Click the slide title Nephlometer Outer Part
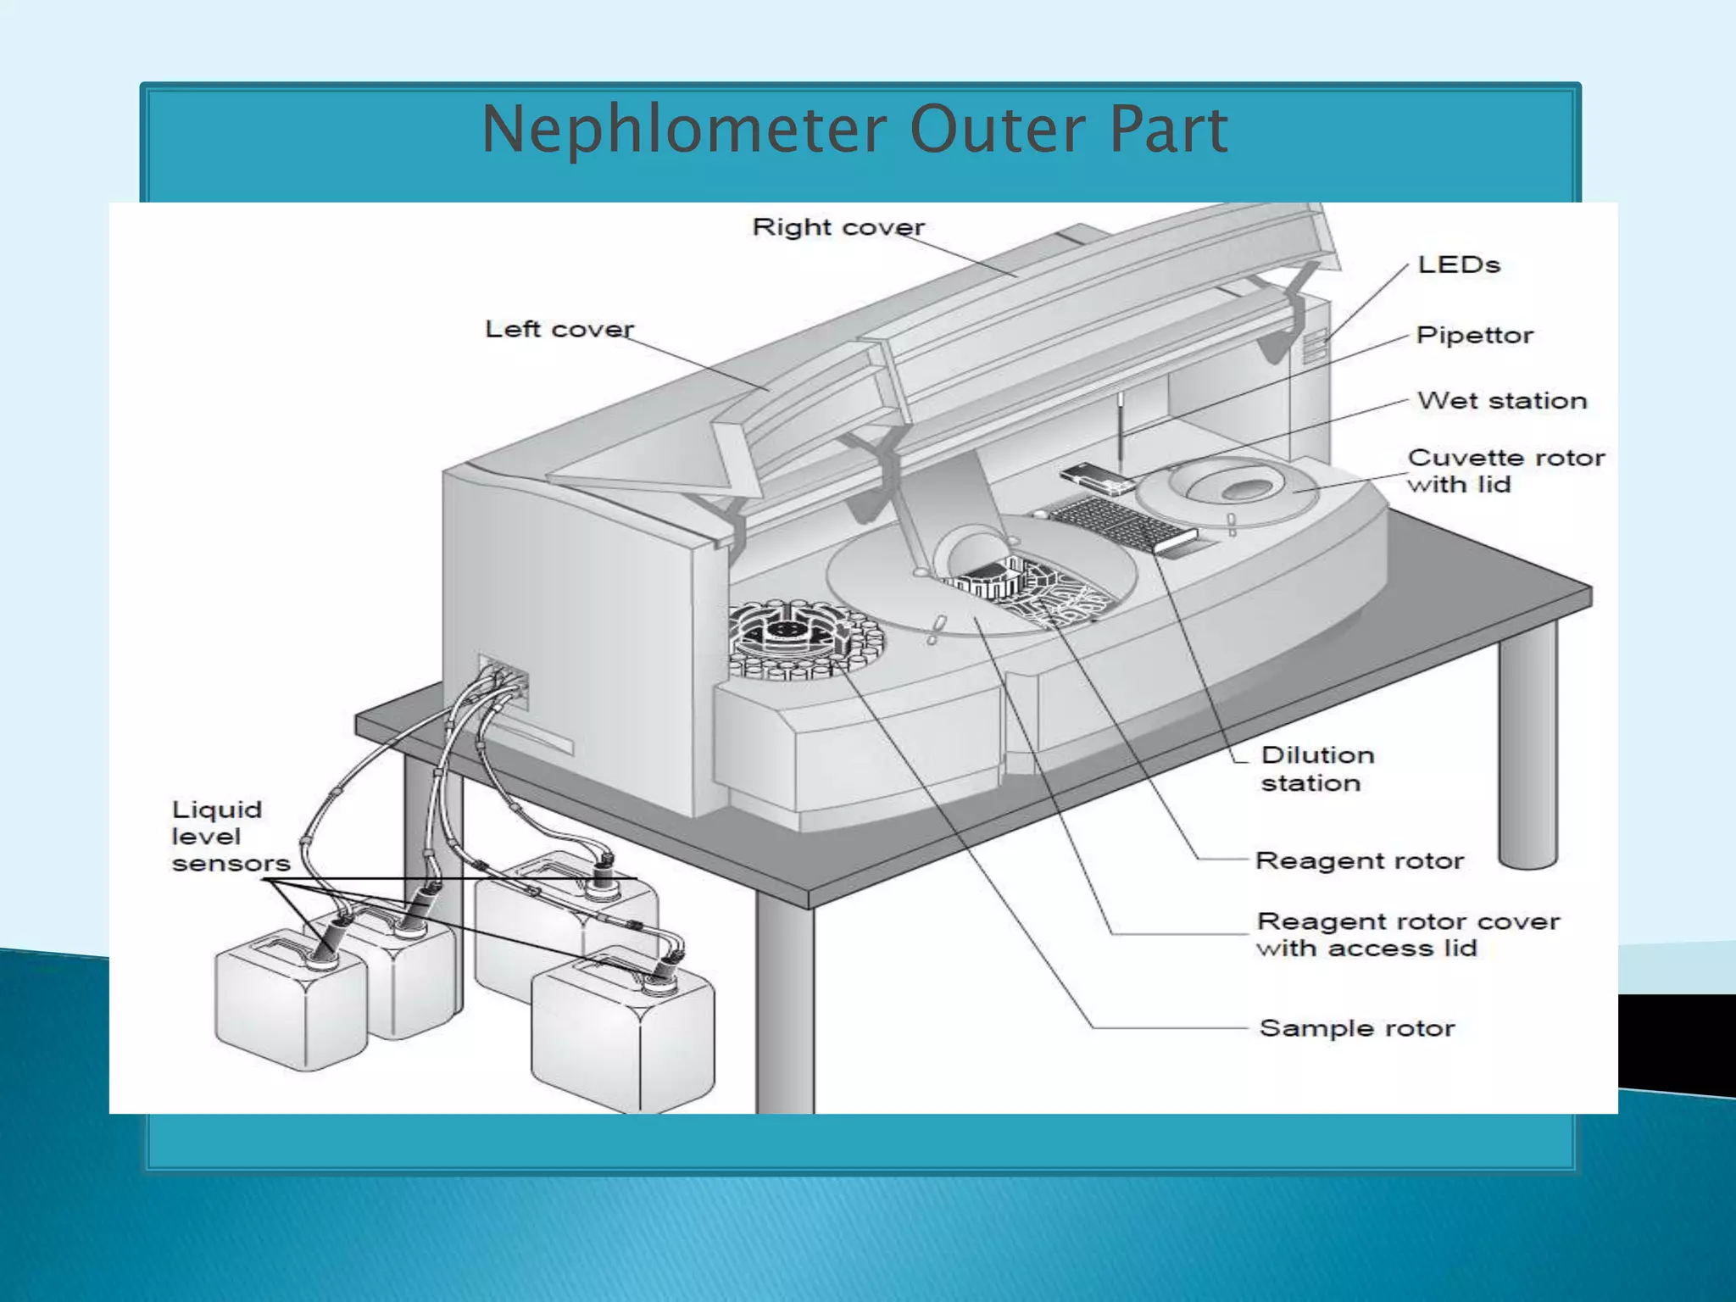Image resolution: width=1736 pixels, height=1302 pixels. coord(854,129)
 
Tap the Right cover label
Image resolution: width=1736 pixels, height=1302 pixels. coord(837,227)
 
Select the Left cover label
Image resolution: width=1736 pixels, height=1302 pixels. coord(559,329)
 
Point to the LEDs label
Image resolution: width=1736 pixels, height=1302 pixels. coord(1458,264)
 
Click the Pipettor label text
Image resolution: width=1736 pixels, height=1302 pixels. coord(1474,335)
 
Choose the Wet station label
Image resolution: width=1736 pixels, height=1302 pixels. coord(1501,400)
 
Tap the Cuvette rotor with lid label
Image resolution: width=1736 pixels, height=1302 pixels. coord(1505,471)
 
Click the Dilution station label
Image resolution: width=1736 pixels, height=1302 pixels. coord(1316,768)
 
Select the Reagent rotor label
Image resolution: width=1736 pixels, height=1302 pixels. coord(1359,860)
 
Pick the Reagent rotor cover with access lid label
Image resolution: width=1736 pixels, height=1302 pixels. coord(1407,934)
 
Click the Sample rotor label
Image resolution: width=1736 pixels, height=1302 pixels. coord(1356,1028)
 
